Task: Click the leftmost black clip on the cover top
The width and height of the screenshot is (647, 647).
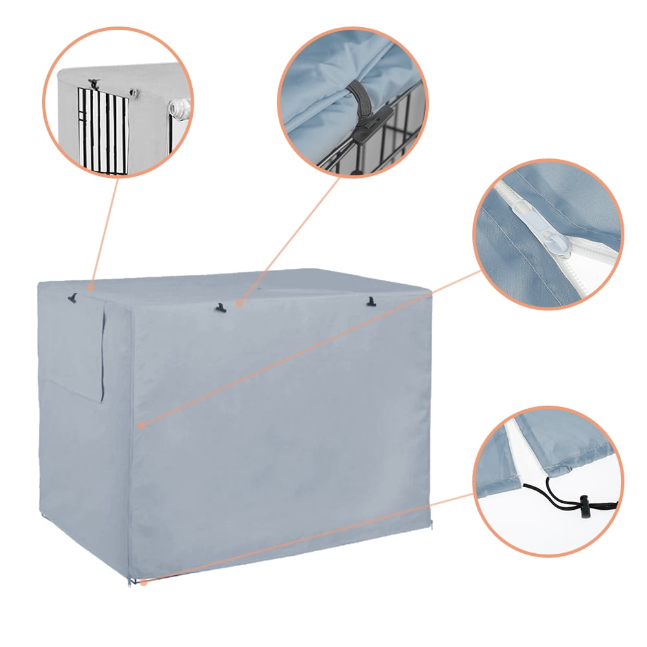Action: [72, 298]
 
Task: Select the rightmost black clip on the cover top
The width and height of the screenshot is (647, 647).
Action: [371, 301]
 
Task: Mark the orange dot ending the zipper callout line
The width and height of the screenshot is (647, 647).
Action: [141, 425]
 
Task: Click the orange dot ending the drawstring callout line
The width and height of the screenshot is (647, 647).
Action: [144, 582]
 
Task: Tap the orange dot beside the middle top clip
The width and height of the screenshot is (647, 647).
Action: [239, 302]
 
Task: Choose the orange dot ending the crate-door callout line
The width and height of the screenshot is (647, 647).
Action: [91, 285]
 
